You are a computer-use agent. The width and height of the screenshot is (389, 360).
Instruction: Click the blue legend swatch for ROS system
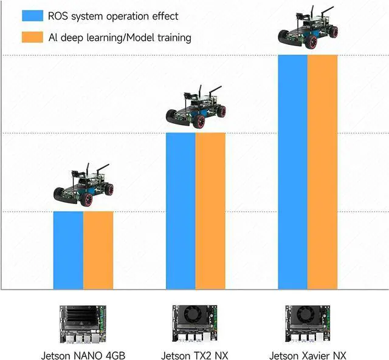(x=32, y=16)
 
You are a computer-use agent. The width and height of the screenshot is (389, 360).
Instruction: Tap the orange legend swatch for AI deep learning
(x=32, y=37)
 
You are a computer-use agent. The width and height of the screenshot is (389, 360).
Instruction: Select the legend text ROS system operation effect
(x=113, y=16)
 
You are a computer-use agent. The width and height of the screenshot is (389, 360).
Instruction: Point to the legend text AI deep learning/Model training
(x=120, y=38)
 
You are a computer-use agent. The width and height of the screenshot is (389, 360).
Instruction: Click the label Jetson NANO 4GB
(x=82, y=355)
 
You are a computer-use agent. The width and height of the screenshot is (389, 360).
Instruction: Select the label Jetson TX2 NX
(x=194, y=355)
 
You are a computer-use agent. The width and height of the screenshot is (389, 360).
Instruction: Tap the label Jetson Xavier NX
(x=308, y=355)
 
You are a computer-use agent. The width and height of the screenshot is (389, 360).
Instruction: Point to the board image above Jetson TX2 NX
(x=195, y=325)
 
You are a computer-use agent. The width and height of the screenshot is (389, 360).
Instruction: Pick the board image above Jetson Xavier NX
(x=308, y=325)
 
